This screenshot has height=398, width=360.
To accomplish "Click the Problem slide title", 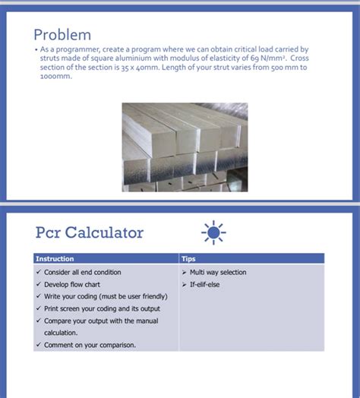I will coord(62,34).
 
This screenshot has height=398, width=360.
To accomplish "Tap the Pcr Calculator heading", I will coord(89,232).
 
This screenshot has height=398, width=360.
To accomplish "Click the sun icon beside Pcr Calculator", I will coord(213,232).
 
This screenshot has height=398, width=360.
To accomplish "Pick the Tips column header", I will coord(188,258).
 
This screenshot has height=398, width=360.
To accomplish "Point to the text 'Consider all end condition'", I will coord(82,272).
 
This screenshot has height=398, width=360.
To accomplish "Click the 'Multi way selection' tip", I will coord(218,272).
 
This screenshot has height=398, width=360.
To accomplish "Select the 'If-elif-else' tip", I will coord(204,284).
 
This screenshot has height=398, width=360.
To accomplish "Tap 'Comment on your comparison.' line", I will coord(90,345).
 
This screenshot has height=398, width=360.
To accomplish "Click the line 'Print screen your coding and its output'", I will coord(102,308).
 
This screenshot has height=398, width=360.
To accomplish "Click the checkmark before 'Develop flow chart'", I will coord(38,284).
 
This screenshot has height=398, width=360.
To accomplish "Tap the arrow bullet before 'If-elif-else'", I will coord(183,284).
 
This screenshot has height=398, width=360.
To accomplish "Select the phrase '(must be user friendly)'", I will coord(131,296).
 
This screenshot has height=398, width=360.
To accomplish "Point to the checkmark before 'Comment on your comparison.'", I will coord(38,345).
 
